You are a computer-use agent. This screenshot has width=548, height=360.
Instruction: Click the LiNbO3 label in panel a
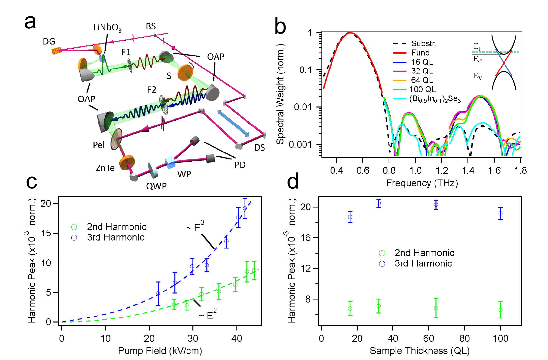107,28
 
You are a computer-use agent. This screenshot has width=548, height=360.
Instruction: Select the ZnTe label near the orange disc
105,168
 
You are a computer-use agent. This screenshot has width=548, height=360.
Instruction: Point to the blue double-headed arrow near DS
233,123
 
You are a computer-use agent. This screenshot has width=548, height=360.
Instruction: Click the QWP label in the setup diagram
156,186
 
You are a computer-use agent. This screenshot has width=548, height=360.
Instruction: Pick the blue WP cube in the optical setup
170,162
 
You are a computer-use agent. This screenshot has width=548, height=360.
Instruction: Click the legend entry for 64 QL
422,80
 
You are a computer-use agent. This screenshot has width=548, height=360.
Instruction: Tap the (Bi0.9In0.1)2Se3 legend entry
435,99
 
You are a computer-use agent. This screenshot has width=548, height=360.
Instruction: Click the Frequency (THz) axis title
422,183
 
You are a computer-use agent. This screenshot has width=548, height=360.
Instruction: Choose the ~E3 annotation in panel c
195,227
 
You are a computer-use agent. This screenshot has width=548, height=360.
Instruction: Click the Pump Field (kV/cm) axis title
160,351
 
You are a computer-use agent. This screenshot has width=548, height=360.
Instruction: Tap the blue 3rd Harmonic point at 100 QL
500,214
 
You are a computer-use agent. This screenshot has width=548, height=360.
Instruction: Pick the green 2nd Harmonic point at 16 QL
350,309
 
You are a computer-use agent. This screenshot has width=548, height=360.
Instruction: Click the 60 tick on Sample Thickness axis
429,338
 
